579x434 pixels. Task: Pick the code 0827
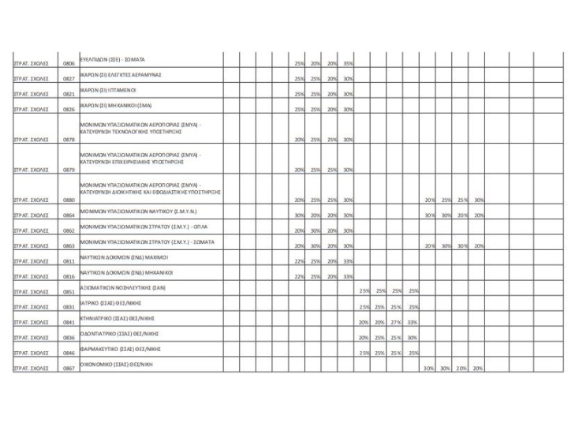pyautogui.click(x=69, y=79)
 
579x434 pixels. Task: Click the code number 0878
pyautogui.click(x=69, y=140)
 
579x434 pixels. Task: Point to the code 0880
pyautogui.click(x=69, y=200)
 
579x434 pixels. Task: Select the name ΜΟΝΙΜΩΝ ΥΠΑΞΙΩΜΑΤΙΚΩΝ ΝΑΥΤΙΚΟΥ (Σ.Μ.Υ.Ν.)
pyautogui.click(x=139, y=212)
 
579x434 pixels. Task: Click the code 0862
pyautogui.click(x=69, y=230)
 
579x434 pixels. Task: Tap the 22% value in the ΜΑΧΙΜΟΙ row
pyautogui.click(x=299, y=260)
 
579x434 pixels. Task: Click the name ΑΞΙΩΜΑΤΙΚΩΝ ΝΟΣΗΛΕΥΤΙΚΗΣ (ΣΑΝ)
pyautogui.click(x=122, y=288)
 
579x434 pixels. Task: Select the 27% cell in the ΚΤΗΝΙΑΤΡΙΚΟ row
pyautogui.click(x=398, y=322)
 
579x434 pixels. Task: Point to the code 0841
pyautogui.click(x=69, y=322)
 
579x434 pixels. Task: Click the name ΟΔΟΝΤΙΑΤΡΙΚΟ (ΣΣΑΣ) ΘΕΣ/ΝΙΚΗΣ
pyautogui.click(x=120, y=334)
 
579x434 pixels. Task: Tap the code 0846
pyautogui.click(x=69, y=353)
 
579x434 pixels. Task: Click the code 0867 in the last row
pyautogui.click(x=69, y=369)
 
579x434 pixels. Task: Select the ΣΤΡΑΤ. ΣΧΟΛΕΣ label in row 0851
pyautogui.click(x=31, y=292)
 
